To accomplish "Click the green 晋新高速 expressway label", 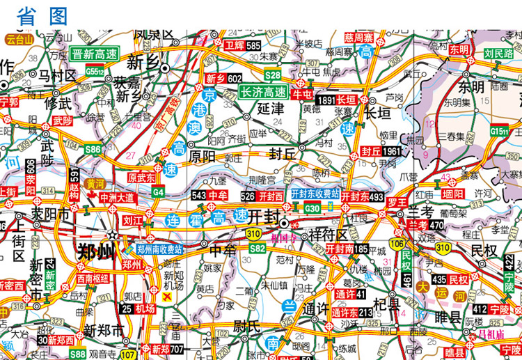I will point(96,54).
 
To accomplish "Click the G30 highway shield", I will point(313,208).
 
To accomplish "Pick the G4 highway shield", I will point(158,191).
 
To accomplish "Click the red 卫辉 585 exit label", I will point(243,45).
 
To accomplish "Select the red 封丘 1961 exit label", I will point(381,151).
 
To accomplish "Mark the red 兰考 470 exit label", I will point(426,225).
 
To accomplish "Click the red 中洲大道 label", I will point(117,198).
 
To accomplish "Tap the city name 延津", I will point(271,109).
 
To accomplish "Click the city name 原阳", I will point(203,155).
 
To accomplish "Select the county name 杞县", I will point(386,304).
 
